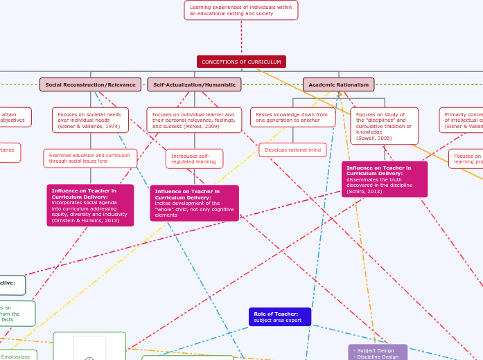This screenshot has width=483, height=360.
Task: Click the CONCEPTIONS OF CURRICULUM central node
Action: [x=241, y=62]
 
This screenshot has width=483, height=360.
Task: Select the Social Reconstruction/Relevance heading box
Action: [x=90, y=84]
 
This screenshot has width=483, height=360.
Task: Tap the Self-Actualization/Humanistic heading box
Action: [x=194, y=84]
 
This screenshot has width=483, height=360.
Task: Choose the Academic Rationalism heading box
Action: [x=338, y=84]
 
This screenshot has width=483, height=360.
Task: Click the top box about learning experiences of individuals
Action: [x=241, y=10]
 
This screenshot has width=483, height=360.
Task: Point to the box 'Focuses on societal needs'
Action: [x=90, y=120]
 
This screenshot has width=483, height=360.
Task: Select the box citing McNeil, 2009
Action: [x=194, y=120]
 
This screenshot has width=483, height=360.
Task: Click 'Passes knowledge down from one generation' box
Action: [x=292, y=117]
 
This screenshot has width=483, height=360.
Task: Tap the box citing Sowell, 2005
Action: [x=384, y=125]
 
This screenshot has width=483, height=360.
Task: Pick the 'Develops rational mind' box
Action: [x=292, y=150]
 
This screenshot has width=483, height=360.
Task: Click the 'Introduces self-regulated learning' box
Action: [x=194, y=159]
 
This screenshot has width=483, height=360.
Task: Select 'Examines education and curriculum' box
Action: [x=90, y=158]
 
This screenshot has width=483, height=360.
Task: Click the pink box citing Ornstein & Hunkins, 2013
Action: [x=90, y=205]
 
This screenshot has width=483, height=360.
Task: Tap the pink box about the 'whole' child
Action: [x=194, y=203]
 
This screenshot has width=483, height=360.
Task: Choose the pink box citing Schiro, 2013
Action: [x=384, y=179]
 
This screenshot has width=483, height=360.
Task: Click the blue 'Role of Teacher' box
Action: [x=279, y=317]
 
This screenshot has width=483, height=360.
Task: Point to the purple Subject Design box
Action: [x=378, y=352]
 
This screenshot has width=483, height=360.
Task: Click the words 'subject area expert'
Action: [x=277, y=321]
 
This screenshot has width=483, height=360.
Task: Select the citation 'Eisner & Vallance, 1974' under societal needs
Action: [x=89, y=127]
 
